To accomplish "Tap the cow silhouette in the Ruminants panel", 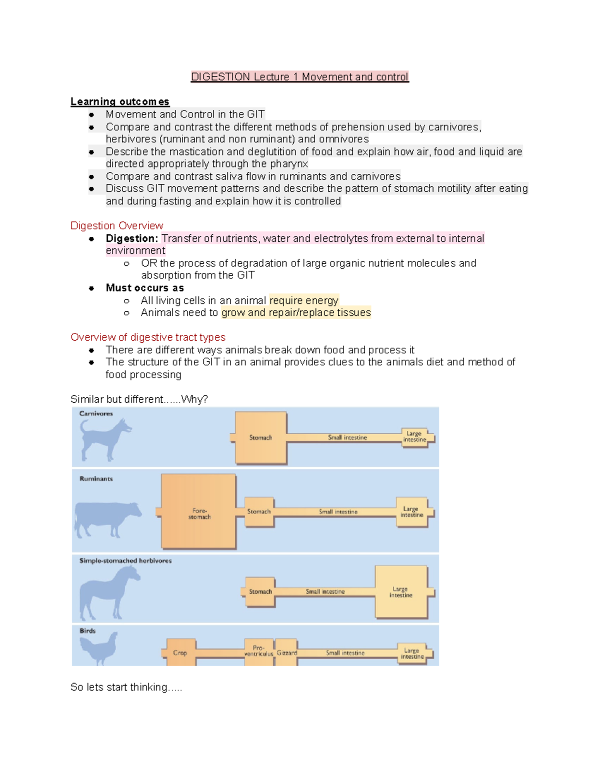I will coord(106,518).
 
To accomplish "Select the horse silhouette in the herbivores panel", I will coord(108,593).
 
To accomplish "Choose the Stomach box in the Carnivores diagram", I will coord(261,438).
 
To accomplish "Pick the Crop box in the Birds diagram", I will coord(180,653).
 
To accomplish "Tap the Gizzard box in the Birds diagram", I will coord(286,653).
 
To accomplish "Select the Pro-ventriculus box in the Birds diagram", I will coord(259,651).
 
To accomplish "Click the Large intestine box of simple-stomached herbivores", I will coord(401,592).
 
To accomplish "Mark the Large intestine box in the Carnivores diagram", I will coord(414,437).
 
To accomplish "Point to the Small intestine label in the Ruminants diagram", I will coord(338,512).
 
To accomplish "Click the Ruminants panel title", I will coord(96,479).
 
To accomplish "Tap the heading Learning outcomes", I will coord(120,101).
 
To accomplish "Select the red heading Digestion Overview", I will coord(116,226).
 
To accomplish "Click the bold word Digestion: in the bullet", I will coord(131,238).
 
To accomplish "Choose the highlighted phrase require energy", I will coord(303,300).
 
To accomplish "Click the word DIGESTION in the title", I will coord(220,77).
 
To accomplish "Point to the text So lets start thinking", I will coord(126,687).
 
